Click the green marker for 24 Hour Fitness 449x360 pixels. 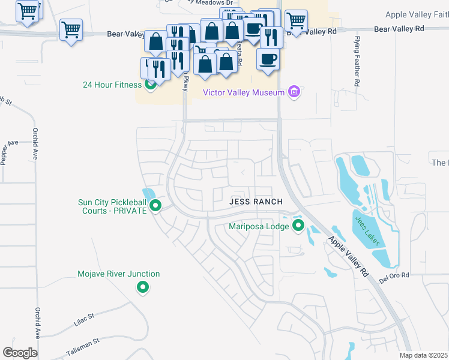[x=151, y=85]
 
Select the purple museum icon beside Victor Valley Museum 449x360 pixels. [x=294, y=92]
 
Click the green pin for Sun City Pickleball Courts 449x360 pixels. [x=155, y=206]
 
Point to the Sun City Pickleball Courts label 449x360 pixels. [x=112, y=207]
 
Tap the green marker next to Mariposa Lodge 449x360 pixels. [x=298, y=226]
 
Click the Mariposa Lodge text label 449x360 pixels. [x=259, y=226]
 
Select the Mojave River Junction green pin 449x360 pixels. [x=143, y=288]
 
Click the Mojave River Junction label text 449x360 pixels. [x=119, y=274]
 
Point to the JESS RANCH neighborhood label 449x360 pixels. [x=256, y=202]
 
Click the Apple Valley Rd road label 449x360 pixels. [x=348, y=256]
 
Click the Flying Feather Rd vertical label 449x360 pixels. [x=357, y=62]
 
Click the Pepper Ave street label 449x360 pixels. [x=8, y=152]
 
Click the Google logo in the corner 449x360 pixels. [x=20, y=353]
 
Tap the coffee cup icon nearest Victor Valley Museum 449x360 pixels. [x=268, y=60]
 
